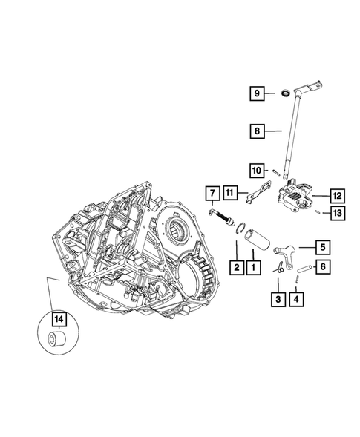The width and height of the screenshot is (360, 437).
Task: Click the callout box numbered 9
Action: coord(255,93)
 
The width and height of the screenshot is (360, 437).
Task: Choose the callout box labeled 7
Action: coord(211,196)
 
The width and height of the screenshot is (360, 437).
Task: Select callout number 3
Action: coord(278,298)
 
